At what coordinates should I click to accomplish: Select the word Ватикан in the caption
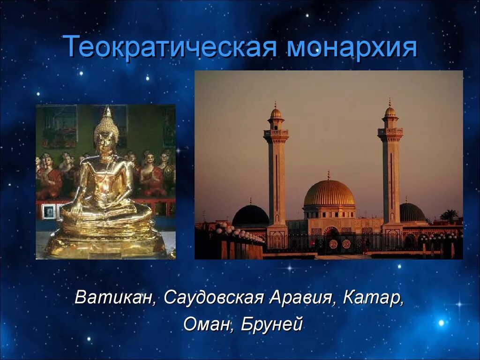click(116, 297)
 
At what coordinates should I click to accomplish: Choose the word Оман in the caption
click(207, 324)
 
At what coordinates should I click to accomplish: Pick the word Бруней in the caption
click(271, 324)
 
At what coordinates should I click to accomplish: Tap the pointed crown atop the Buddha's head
click(107, 112)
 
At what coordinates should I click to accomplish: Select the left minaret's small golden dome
click(276, 112)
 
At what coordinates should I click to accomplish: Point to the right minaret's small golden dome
click(390, 111)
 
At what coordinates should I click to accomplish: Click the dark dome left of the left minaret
click(250, 216)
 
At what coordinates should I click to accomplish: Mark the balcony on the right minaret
click(390, 132)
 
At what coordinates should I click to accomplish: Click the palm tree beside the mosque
click(449, 215)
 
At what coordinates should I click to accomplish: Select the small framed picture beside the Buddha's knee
click(49, 212)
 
